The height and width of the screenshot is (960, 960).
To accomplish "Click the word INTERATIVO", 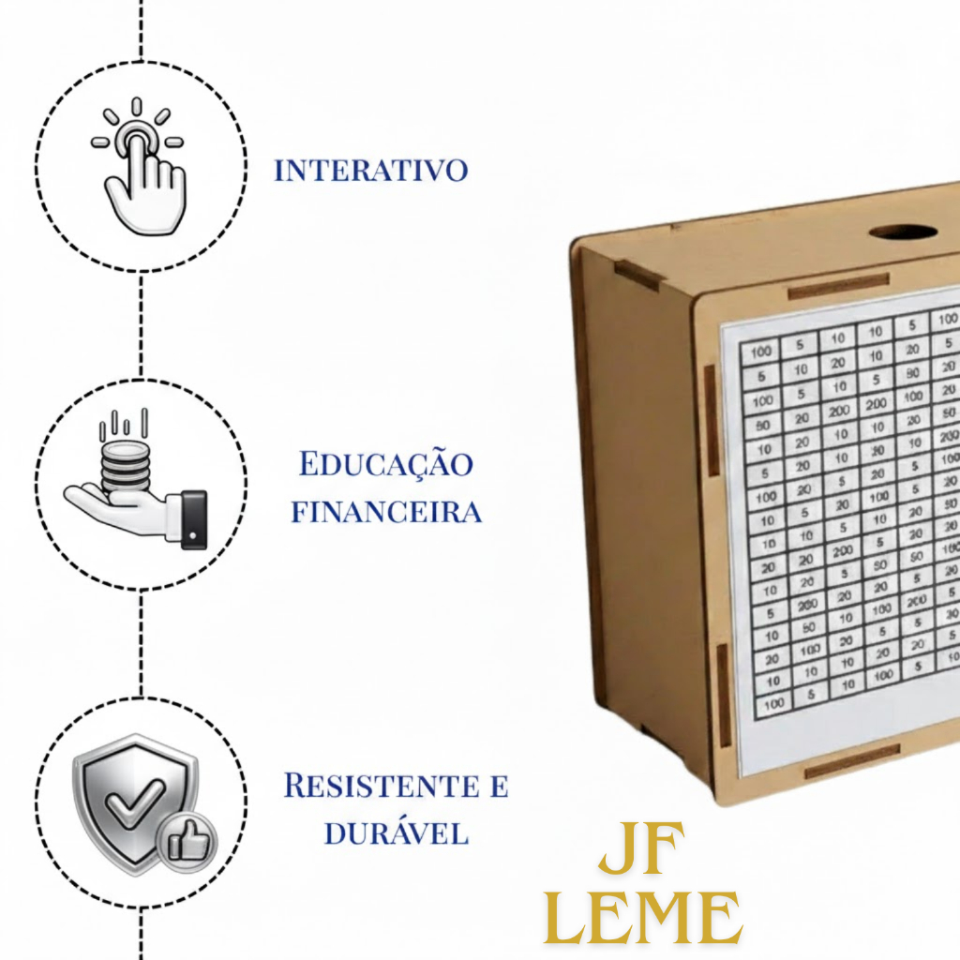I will (370, 171).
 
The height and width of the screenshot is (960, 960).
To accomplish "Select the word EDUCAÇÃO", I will (386, 464).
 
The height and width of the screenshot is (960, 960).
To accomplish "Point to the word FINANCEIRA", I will (386, 512).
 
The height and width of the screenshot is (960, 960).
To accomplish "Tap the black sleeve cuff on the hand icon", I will (193, 517).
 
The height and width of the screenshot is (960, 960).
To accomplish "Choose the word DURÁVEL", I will (396, 833).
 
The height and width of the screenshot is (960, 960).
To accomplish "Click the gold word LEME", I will (643, 918).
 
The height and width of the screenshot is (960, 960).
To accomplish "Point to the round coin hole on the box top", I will (902, 231).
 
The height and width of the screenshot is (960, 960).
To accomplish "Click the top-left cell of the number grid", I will (760, 352).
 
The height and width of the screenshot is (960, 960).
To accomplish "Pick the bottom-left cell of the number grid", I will (774, 701).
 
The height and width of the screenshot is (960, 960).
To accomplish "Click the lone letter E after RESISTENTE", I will (499, 786).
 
